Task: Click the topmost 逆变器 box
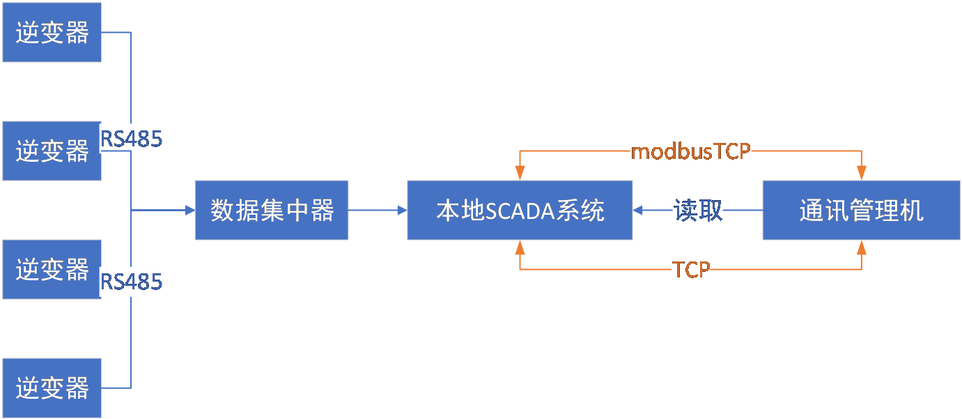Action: (x=52, y=32)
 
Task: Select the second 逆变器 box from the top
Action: (x=52, y=151)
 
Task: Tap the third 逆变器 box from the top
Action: (x=52, y=269)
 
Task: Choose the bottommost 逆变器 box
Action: (x=52, y=388)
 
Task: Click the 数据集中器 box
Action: (x=272, y=210)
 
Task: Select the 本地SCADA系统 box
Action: (x=520, y=210)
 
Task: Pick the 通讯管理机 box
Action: (x=862, y=210)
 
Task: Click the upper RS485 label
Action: (x=132, y=139)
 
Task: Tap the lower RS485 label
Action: (x=132, y=282)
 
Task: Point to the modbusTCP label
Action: (x=690, y=151)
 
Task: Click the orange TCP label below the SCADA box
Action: (x=690, y=270)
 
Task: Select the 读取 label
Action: (x=697, y=210)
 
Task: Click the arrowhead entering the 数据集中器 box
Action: (x=189, y=210)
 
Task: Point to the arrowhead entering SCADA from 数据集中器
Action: (x=402, y=210)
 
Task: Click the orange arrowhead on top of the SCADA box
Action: (x=520, y=174)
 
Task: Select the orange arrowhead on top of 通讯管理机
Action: (x=862, y=174)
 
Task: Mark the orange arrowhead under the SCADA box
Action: (x=520, y=245)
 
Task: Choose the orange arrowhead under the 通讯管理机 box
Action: (x=862, y=245)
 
